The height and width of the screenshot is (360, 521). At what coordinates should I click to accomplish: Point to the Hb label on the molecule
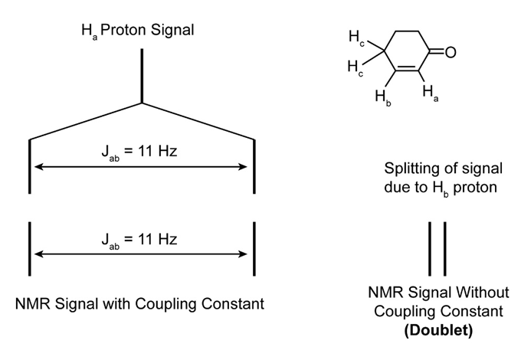tap(382, 97)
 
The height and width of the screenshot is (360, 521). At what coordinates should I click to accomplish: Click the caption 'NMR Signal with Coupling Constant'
tap(139, 303)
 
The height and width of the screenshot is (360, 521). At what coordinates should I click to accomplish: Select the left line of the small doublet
tap(431, 248)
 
